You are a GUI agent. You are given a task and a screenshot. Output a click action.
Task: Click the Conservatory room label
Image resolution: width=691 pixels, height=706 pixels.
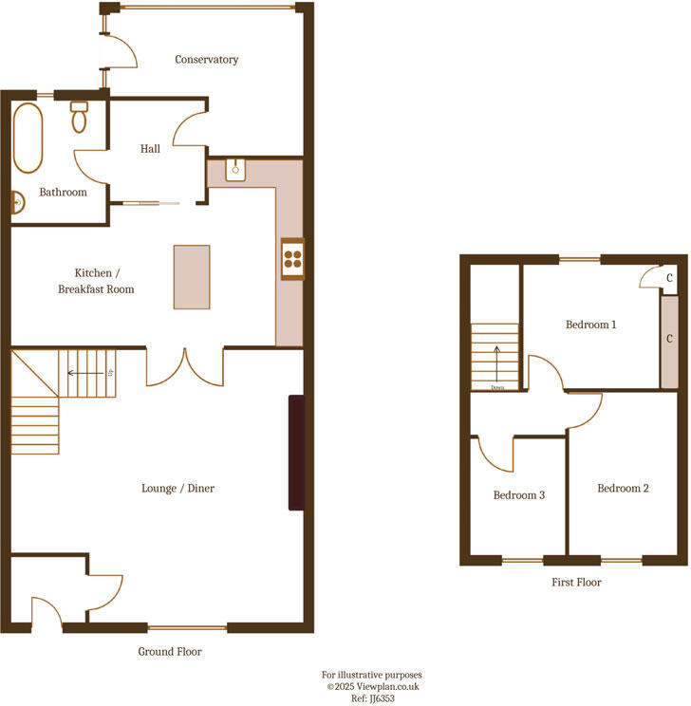tap(206, 60)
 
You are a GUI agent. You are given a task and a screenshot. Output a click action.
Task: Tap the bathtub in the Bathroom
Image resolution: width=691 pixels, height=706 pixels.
tap(28, 138)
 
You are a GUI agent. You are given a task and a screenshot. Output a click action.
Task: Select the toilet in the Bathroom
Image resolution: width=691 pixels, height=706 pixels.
tap(79, 118)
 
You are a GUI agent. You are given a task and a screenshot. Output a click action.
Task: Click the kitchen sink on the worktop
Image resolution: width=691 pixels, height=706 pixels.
tap(236, 171)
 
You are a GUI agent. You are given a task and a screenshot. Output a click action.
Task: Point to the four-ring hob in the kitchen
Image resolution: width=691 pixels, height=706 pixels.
tap(292, 258)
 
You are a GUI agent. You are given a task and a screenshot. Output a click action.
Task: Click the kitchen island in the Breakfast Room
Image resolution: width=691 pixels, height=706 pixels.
tap(192, 277)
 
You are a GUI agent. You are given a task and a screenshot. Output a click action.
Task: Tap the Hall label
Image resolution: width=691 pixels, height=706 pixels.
tap(150, 149)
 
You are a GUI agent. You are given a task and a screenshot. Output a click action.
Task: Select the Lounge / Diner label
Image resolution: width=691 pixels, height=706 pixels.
tap(178, 489)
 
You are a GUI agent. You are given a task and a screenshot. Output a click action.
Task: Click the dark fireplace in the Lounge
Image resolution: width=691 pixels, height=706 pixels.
tap(297, 454)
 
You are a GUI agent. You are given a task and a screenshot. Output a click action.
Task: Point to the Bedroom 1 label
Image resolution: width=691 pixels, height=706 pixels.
tap(590, 325)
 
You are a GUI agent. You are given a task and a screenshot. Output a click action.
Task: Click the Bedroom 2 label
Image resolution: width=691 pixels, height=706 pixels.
tap(623, 489)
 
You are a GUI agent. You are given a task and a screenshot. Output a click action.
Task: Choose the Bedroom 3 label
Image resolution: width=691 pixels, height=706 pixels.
tap(518, 495)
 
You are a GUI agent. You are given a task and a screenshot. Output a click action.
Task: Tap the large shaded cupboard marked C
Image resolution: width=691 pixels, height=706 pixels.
tap(669, 340)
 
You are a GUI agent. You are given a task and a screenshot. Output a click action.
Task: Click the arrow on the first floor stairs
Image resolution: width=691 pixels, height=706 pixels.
tap(495, 363)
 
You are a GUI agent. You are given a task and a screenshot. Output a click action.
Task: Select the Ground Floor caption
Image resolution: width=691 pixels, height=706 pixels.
tap(170, 652)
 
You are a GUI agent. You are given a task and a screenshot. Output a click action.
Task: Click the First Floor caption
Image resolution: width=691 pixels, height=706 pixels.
tap(576, 583)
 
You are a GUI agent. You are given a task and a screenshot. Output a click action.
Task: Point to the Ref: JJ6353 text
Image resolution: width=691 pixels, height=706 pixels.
tap(372, 697)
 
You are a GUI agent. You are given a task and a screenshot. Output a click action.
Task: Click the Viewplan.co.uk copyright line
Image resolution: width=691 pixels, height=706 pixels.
tap(372, 686)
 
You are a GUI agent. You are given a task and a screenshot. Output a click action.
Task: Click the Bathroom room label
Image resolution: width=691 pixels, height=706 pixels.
tap(63, 193)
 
